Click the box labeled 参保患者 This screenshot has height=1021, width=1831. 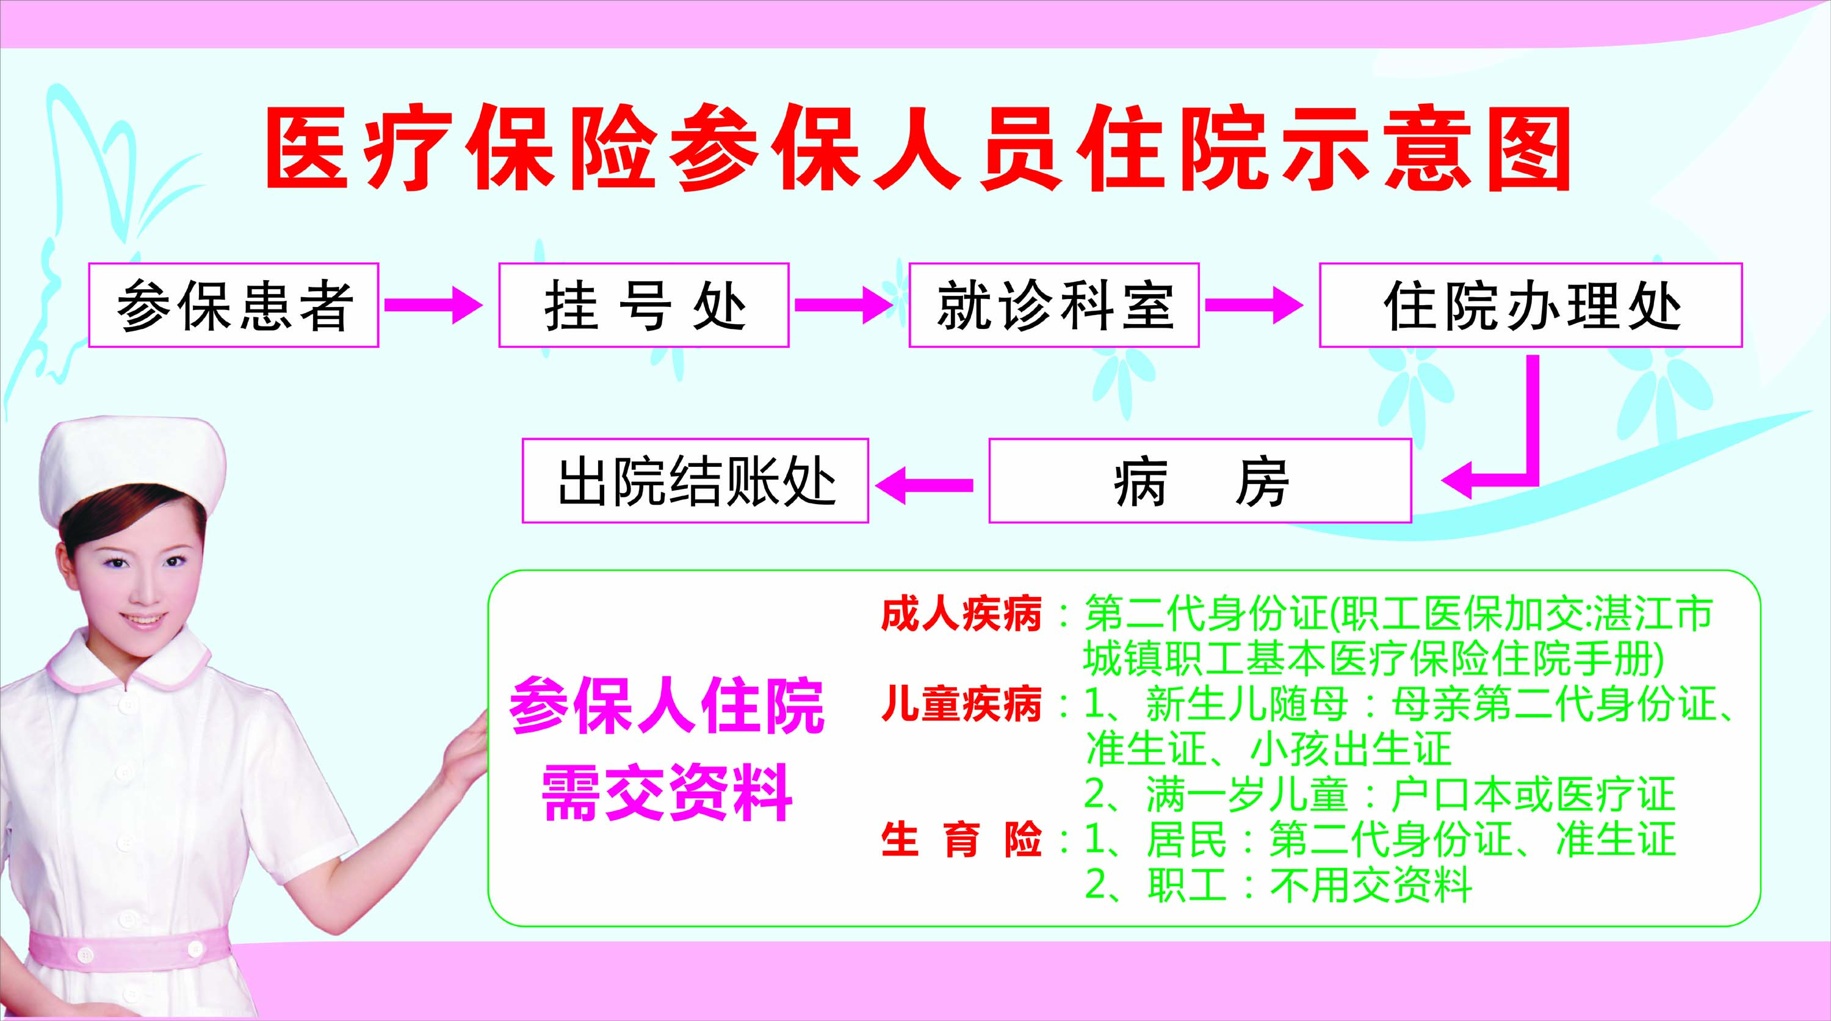point(233,305)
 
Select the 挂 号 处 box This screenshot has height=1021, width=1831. point(644,305)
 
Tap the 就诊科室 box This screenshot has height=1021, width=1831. point(1054,305)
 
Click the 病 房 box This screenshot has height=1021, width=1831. point(1200,481)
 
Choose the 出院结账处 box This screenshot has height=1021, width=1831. point(696,481)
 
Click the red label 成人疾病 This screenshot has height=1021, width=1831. point(961,614)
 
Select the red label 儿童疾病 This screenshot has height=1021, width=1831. point(961,705)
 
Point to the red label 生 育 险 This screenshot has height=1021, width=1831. point(961,840)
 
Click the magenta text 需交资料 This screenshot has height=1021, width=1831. point(666,792)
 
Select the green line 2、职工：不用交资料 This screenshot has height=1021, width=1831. point(1277,886)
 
